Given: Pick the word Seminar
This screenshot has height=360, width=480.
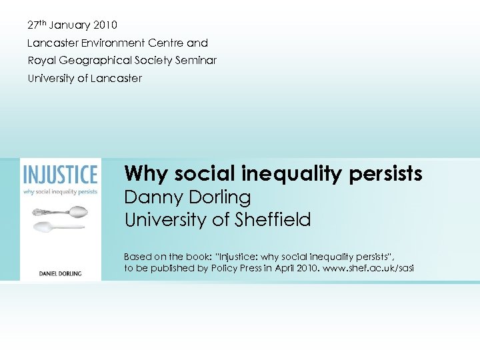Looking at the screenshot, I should [x=196, y=61].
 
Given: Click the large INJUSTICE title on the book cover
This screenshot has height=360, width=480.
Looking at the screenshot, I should [x=60, y=175].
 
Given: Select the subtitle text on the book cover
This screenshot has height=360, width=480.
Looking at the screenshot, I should [x=60, y=192].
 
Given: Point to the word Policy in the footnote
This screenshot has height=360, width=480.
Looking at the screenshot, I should [x=235, y=269].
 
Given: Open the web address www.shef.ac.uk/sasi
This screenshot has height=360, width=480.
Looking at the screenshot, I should [x=366, y=269].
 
